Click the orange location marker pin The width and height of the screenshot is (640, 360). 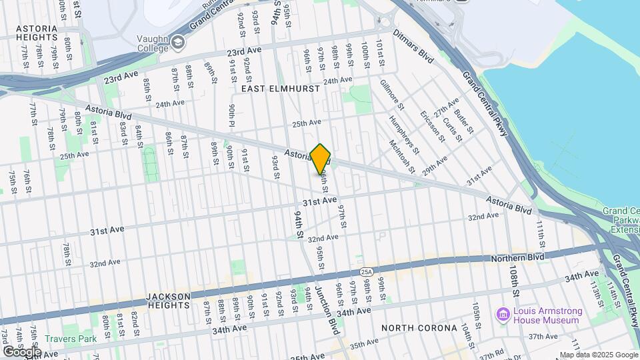click(321, 159)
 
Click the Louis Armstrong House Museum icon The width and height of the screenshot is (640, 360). click(503, 313)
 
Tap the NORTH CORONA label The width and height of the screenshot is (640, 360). click(419, 328)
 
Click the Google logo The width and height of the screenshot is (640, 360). click(21, 351)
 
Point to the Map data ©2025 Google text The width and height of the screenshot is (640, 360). click(598, 355)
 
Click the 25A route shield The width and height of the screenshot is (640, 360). click(365, 273)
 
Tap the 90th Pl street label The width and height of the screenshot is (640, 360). click(232, 115)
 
